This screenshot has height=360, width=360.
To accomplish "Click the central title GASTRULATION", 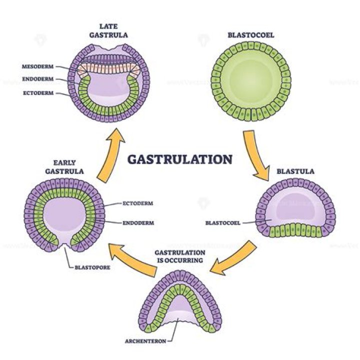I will point(179,159).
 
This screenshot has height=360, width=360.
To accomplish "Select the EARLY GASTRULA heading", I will point(68,166).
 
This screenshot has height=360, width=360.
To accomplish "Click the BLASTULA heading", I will point(295,171).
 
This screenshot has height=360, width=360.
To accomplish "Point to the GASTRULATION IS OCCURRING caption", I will point(180,256).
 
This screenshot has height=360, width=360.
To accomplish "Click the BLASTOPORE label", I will point(92,267).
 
